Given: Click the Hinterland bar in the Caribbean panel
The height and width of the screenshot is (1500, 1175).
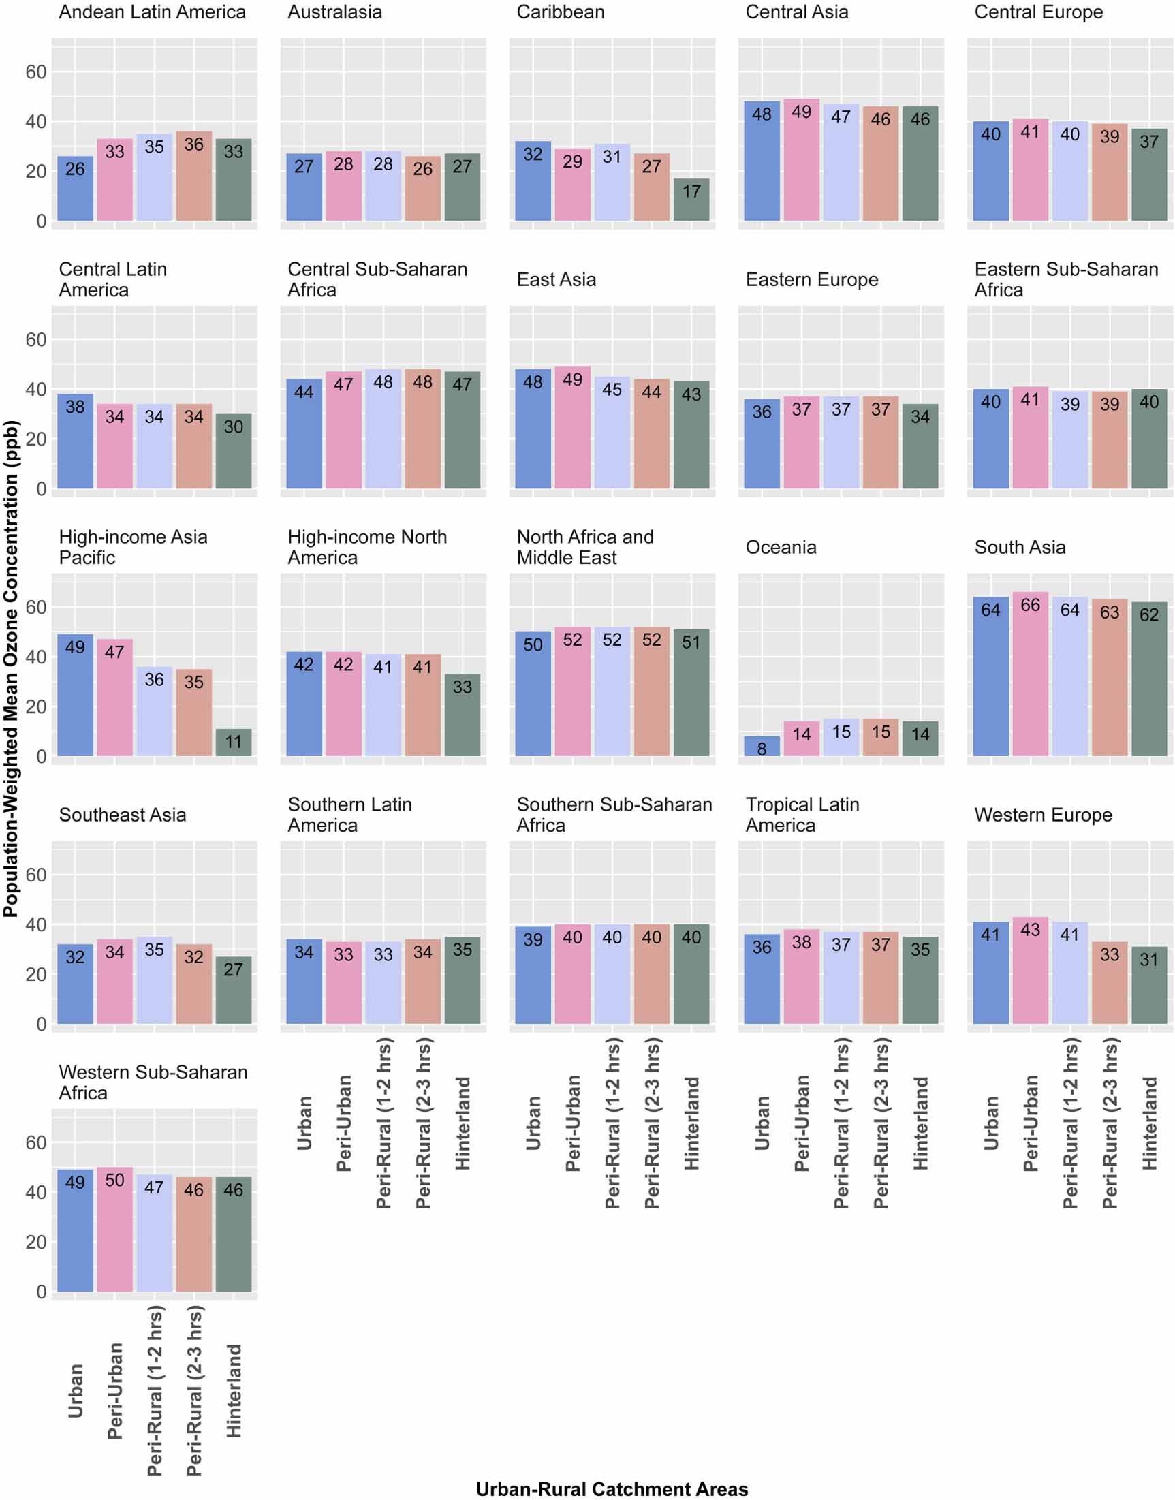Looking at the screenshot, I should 691,200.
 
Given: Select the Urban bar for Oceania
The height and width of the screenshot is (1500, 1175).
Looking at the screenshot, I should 762,747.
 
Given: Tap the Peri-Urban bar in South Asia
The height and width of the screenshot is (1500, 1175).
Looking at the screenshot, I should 1030,674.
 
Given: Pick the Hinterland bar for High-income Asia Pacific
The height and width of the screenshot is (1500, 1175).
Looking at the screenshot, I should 233,743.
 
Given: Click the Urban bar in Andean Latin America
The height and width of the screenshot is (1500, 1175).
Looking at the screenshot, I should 75,189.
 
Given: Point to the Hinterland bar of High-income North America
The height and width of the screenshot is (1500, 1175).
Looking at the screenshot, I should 463,715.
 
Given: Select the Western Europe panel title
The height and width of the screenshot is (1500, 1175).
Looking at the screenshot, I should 1043,815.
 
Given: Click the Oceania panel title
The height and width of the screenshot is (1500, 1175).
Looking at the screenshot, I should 781,547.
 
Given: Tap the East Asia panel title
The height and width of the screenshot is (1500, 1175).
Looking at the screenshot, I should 556,279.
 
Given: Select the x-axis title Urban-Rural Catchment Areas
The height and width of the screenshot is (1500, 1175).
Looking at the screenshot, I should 612,1489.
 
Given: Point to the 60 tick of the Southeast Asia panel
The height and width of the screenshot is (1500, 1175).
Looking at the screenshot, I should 36,875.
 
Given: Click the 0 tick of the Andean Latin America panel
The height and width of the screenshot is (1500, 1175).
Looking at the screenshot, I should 41,221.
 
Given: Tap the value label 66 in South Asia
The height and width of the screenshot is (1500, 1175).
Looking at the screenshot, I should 1030,605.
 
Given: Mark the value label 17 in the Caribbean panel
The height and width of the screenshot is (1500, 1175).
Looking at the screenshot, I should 691,191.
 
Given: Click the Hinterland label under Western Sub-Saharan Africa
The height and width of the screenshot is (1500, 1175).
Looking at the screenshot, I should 234,1390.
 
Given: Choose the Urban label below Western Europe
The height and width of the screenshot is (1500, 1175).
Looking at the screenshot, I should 990,1123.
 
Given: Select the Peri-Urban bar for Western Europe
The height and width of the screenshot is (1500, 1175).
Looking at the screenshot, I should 1030,970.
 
